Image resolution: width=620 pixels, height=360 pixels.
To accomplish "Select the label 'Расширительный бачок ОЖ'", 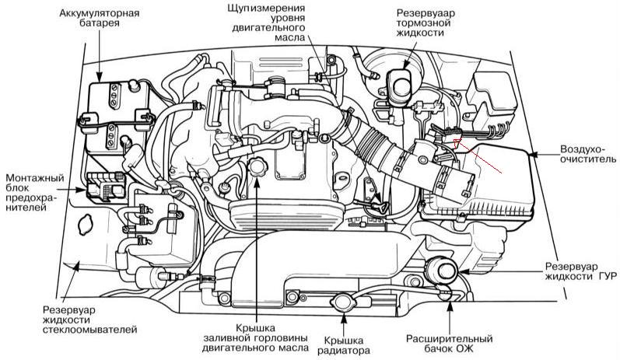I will pos(450,345).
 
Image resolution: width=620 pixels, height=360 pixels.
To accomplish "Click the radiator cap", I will pos(341,302).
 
